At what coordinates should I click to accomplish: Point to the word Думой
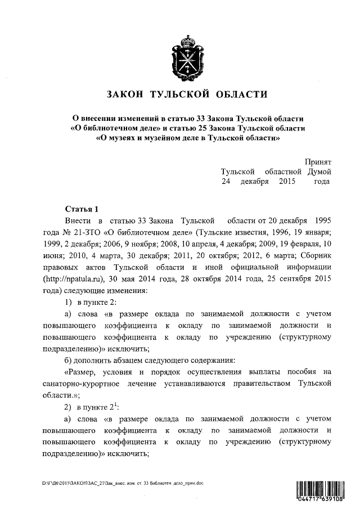coord(318,171)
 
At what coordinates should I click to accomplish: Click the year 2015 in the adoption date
coord(287,181)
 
